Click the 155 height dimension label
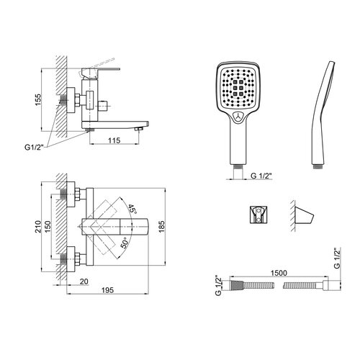click(38, 100)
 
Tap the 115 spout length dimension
click(114, 140)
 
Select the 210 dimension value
click(38, 227)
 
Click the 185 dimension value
click(161, 226)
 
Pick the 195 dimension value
click(107, 290)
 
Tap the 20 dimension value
click(84, 282)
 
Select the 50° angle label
click(125, 243)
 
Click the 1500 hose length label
click(279, 273)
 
